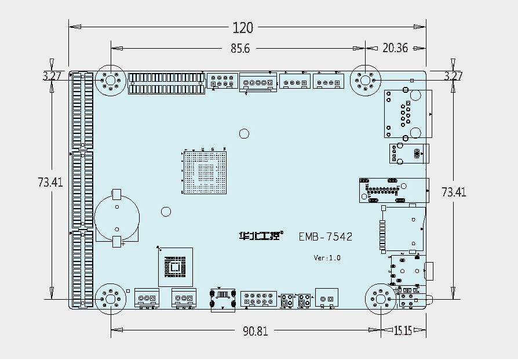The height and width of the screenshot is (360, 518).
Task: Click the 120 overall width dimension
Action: click(x=243, y=27)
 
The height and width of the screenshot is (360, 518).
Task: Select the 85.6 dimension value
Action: click(x=240, y=49)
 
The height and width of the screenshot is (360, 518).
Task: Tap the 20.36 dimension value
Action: click(x=396, y=49)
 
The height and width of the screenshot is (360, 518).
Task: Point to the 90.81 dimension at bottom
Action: click(x=256, y=331)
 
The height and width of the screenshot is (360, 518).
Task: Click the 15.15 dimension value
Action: click(x=403, y=331)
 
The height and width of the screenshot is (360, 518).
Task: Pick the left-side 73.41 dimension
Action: click(x=50, y=182)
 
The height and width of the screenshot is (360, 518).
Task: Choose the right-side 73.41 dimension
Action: click(x=454, y=191)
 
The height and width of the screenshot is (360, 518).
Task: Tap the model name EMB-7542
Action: click(x=326, y=237)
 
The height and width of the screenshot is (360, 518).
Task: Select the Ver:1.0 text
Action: click(x=327, y=257)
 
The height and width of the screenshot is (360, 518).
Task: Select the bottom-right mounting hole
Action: click(x=381, y=299)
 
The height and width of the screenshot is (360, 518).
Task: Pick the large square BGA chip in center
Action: click(x=205, y=172)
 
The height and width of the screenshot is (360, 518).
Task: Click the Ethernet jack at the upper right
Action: click(x=408, y=114)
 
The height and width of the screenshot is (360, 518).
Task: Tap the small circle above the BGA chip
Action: click(x=245, y=134)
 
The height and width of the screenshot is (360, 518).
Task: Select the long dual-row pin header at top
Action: click(x=166, y=83)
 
